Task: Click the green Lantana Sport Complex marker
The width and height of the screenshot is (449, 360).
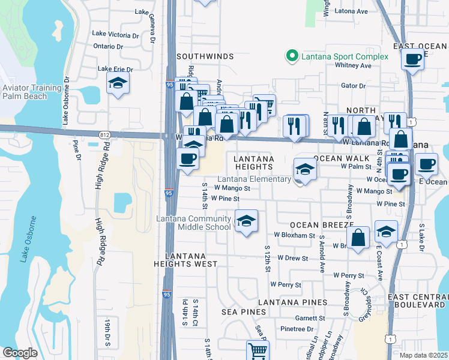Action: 292,56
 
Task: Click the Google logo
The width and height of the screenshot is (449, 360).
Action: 20,353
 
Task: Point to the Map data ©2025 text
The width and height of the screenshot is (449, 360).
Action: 423,355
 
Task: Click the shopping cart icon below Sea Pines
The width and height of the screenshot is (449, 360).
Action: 258,350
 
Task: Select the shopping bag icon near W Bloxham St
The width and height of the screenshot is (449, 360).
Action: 358,237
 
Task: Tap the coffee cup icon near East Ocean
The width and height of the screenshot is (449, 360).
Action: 412,59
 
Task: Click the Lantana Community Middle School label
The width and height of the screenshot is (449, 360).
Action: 194,223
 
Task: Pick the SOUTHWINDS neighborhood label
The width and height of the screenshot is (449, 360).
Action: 205,56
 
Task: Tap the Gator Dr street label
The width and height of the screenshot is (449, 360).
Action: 353,86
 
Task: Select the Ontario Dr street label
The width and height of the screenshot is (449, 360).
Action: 108,46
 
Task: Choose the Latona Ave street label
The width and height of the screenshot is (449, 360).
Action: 353,11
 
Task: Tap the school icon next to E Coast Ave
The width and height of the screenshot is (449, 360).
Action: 386,231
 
